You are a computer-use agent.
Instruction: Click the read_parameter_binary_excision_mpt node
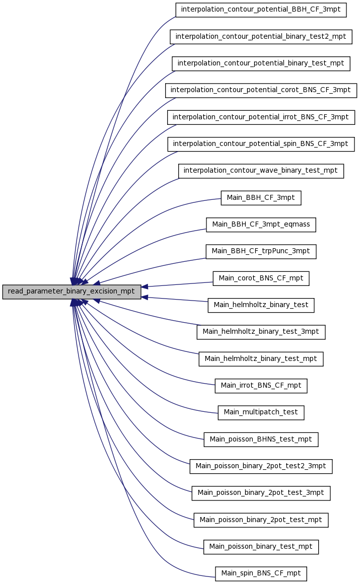pyautogui.click(x=71, y=291)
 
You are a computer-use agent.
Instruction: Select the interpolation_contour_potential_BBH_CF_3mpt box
pyautogui.click(x=261, y=10)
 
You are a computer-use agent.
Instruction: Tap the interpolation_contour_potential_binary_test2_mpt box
pyautogui.click(x=261, y=36)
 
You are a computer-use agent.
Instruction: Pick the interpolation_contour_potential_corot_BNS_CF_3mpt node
pyautogui.click(x=261, y=90)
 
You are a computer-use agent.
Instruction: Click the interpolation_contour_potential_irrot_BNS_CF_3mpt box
pyautogui.click(x=261, y=117)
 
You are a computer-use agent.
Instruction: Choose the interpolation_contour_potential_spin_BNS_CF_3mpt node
pyautogui.click(x=261, y=144)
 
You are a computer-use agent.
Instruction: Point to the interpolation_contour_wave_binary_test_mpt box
pyautogui.click(x=261, y=171)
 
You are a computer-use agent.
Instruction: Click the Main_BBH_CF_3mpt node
pyautogui.click(x=261, y=198)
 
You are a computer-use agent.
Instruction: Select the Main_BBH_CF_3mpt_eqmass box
pyautogui.click(x=261, y=225)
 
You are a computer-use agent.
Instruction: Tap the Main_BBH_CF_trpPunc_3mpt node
pyautogui.click(x=261, y=251)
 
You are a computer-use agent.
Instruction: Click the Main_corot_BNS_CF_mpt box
pyautogui.click(x=261, y=278)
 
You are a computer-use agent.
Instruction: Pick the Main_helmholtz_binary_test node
pyautogui.click(x=261, y=305)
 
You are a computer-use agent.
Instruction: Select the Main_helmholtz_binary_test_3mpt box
pyautogui.click(x=261, y=332)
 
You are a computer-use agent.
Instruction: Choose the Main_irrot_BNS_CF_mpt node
pyautogui.click(x=261, y=386)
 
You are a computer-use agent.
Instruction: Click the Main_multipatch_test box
pyautogui.click(x=261, y=412)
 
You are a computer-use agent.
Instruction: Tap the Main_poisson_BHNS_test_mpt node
pyautogui.click(x=261, y=440)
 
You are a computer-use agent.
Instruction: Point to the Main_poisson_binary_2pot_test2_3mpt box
pyautogui.click(x=261, y=466)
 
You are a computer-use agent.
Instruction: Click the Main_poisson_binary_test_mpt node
pyautogui.click(x=261, y=547)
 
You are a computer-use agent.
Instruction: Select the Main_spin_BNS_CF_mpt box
pyautogui.click(x=261, y=573)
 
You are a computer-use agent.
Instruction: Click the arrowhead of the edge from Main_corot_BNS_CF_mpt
pyautogui.click(x=145, y=286)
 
